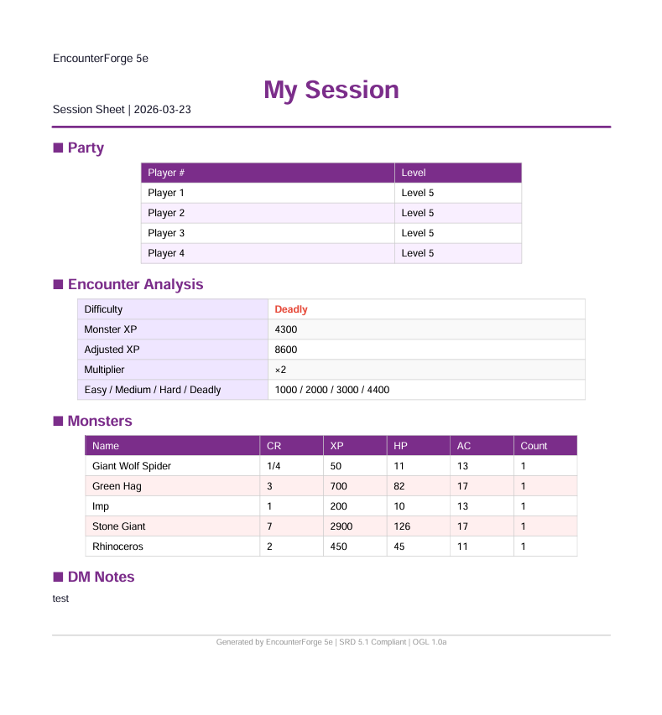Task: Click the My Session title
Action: (x=331, y=90)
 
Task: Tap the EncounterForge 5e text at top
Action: (x=101, y=59)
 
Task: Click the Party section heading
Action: (x=85, y=148)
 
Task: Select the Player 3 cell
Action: (x=166, y=233)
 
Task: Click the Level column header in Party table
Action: (x=414, y=173)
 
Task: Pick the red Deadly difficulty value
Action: (x=291, y=309)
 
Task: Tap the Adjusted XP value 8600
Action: (x=285, y=350)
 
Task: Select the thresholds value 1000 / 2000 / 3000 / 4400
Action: (x=331, y=390)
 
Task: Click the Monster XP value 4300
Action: (x=285, y=329)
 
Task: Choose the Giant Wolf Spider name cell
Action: (x=132, y=466)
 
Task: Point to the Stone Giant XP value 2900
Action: (x=341, y=526)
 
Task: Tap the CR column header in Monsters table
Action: (x=274, y=446)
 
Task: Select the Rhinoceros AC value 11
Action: (x=463, y=547)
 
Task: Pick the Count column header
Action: (x=534, y=446)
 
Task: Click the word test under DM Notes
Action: (x=60, y=598)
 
